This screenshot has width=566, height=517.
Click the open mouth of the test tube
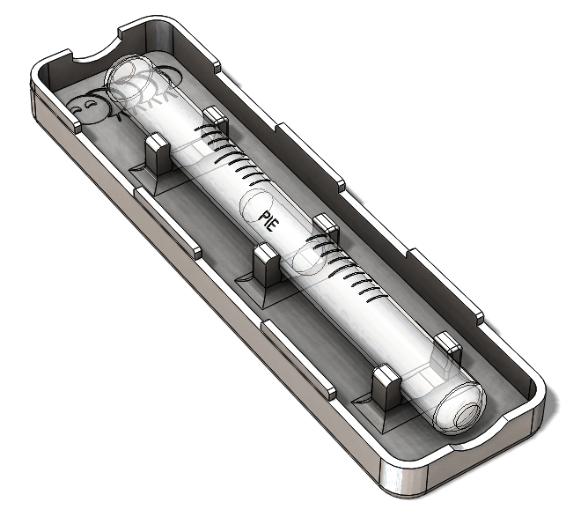click(x=127, y=75)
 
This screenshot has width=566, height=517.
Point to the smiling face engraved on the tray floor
click(x=86, y=109)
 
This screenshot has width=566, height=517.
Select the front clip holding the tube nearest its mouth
click(x=158, y=153)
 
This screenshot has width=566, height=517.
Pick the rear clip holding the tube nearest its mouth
click(x=216, y=119)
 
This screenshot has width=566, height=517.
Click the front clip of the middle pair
click(x=267, y=264)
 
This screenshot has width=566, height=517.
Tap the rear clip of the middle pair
click(x=326, y=226)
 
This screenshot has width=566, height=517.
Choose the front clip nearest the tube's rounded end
click(x=386, y=387)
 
